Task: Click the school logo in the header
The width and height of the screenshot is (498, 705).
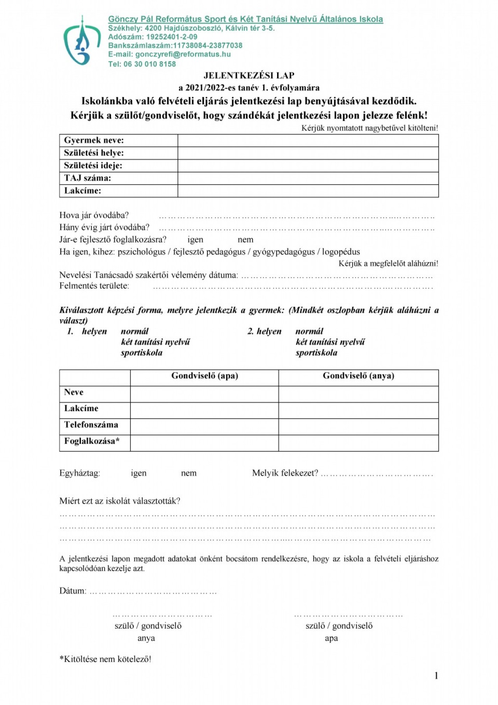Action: coord(82,41)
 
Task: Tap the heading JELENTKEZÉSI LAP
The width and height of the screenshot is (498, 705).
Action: coord(249,76)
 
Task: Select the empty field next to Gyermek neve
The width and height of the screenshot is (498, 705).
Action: coord(308,141)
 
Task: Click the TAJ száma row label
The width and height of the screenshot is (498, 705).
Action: coord(88,178)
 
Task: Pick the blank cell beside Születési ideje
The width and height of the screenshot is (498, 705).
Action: coord(308,166)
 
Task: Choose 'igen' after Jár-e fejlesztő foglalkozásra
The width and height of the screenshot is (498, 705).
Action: coord(195,240)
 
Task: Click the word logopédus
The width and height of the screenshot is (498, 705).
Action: coord(341,252)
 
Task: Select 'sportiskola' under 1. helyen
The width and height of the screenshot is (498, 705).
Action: coord(142,353)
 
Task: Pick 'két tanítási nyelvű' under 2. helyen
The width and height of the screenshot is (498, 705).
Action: coord(330,342)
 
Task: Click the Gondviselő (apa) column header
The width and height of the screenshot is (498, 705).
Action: coord(205,376)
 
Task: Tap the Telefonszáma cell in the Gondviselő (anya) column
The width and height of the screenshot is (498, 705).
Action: coord(358,427)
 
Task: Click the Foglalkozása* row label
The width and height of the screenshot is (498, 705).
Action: coord(92,441)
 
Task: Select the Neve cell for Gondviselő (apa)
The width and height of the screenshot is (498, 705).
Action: coord(204,394)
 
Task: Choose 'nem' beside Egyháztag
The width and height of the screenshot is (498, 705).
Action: coord(189,473)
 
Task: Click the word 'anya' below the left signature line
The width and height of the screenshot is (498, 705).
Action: coord(146,638)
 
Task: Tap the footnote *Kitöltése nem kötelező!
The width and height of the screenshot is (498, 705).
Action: coord(105,659)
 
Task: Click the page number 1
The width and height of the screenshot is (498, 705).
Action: coord(436,676)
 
